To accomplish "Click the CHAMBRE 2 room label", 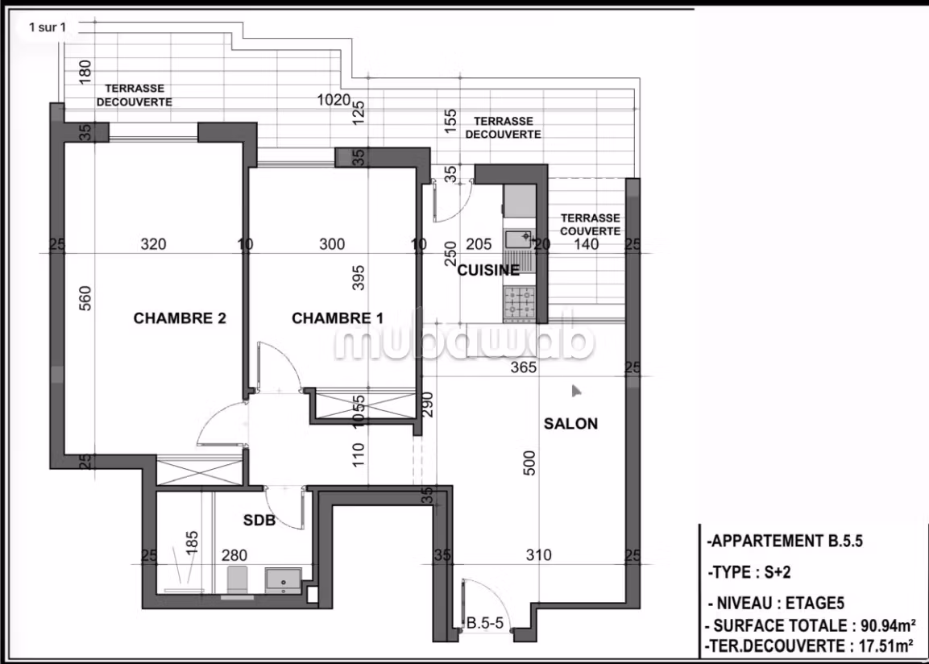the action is [180, 318].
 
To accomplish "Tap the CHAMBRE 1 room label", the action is [338, 318].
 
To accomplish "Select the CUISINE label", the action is [488, 270].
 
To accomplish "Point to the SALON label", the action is [570, 424].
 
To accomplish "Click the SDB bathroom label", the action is [259, 520].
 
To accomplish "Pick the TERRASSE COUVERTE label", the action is [590, 225].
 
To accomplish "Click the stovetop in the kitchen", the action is [519, 302].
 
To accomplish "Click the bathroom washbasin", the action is [283, 580].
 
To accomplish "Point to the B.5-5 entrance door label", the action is [485, 623].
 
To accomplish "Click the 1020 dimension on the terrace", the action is [334, 100].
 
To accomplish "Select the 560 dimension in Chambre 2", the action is [85, 298].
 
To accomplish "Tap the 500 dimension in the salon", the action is [529, 463].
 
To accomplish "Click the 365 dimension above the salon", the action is [524, 367].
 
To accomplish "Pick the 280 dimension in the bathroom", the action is [234, 555].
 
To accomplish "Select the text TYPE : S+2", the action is [749, 572].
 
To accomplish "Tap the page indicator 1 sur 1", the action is [48, 27].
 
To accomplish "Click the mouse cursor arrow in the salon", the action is [576, 391].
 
